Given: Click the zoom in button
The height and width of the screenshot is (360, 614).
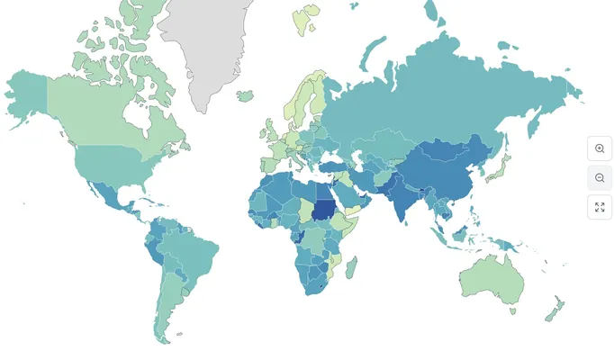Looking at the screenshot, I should (x=600, y=148).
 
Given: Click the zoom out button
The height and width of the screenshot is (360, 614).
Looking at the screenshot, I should (x=600, y=178).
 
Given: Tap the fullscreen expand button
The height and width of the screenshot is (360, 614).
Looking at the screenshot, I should (x=600, y=208).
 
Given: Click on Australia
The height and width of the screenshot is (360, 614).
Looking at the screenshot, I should (x=491, y=279).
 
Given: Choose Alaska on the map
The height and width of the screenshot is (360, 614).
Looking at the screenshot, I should (x=27, y=94).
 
